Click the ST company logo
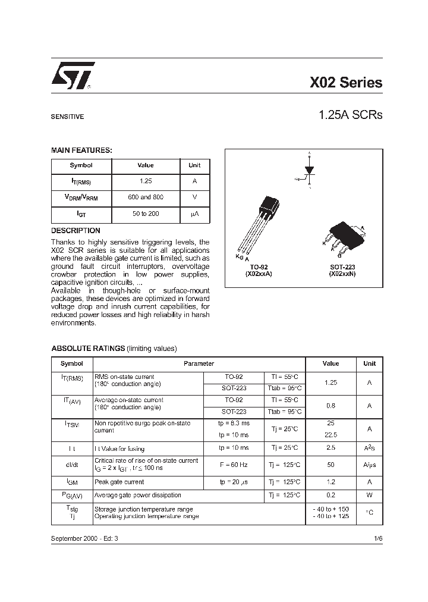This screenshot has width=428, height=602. click(71, 77)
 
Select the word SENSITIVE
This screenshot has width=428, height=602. click(67, 117)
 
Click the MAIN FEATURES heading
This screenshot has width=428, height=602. click(81, 150)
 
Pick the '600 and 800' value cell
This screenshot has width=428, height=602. click(146, 197)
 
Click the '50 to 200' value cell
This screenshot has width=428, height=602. click(146, 214)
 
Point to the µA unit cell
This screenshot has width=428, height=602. click(194, 214)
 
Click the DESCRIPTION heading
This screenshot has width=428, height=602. click(75, 230)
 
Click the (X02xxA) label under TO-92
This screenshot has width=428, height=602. click(259, 274)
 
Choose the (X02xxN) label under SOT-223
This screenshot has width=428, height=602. click(342, 274)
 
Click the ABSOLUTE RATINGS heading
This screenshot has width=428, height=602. click(88, 349)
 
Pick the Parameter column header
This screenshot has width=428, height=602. click(199, 363)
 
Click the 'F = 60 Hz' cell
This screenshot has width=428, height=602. click(234, 464)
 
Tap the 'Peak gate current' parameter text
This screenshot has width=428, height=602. click(119, 482)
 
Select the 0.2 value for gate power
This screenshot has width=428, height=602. click(331, 495)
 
